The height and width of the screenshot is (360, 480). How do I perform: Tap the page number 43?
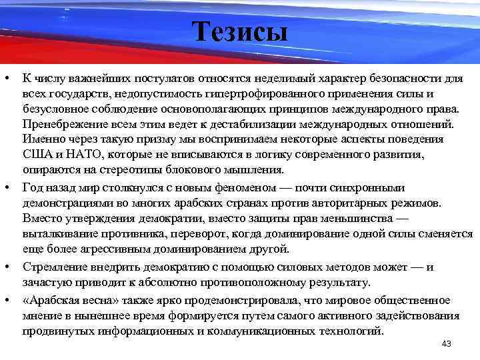coord(447,343)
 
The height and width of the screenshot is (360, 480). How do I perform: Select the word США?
coord(35,155)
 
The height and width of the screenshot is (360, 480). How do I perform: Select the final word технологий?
coord(349,331)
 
